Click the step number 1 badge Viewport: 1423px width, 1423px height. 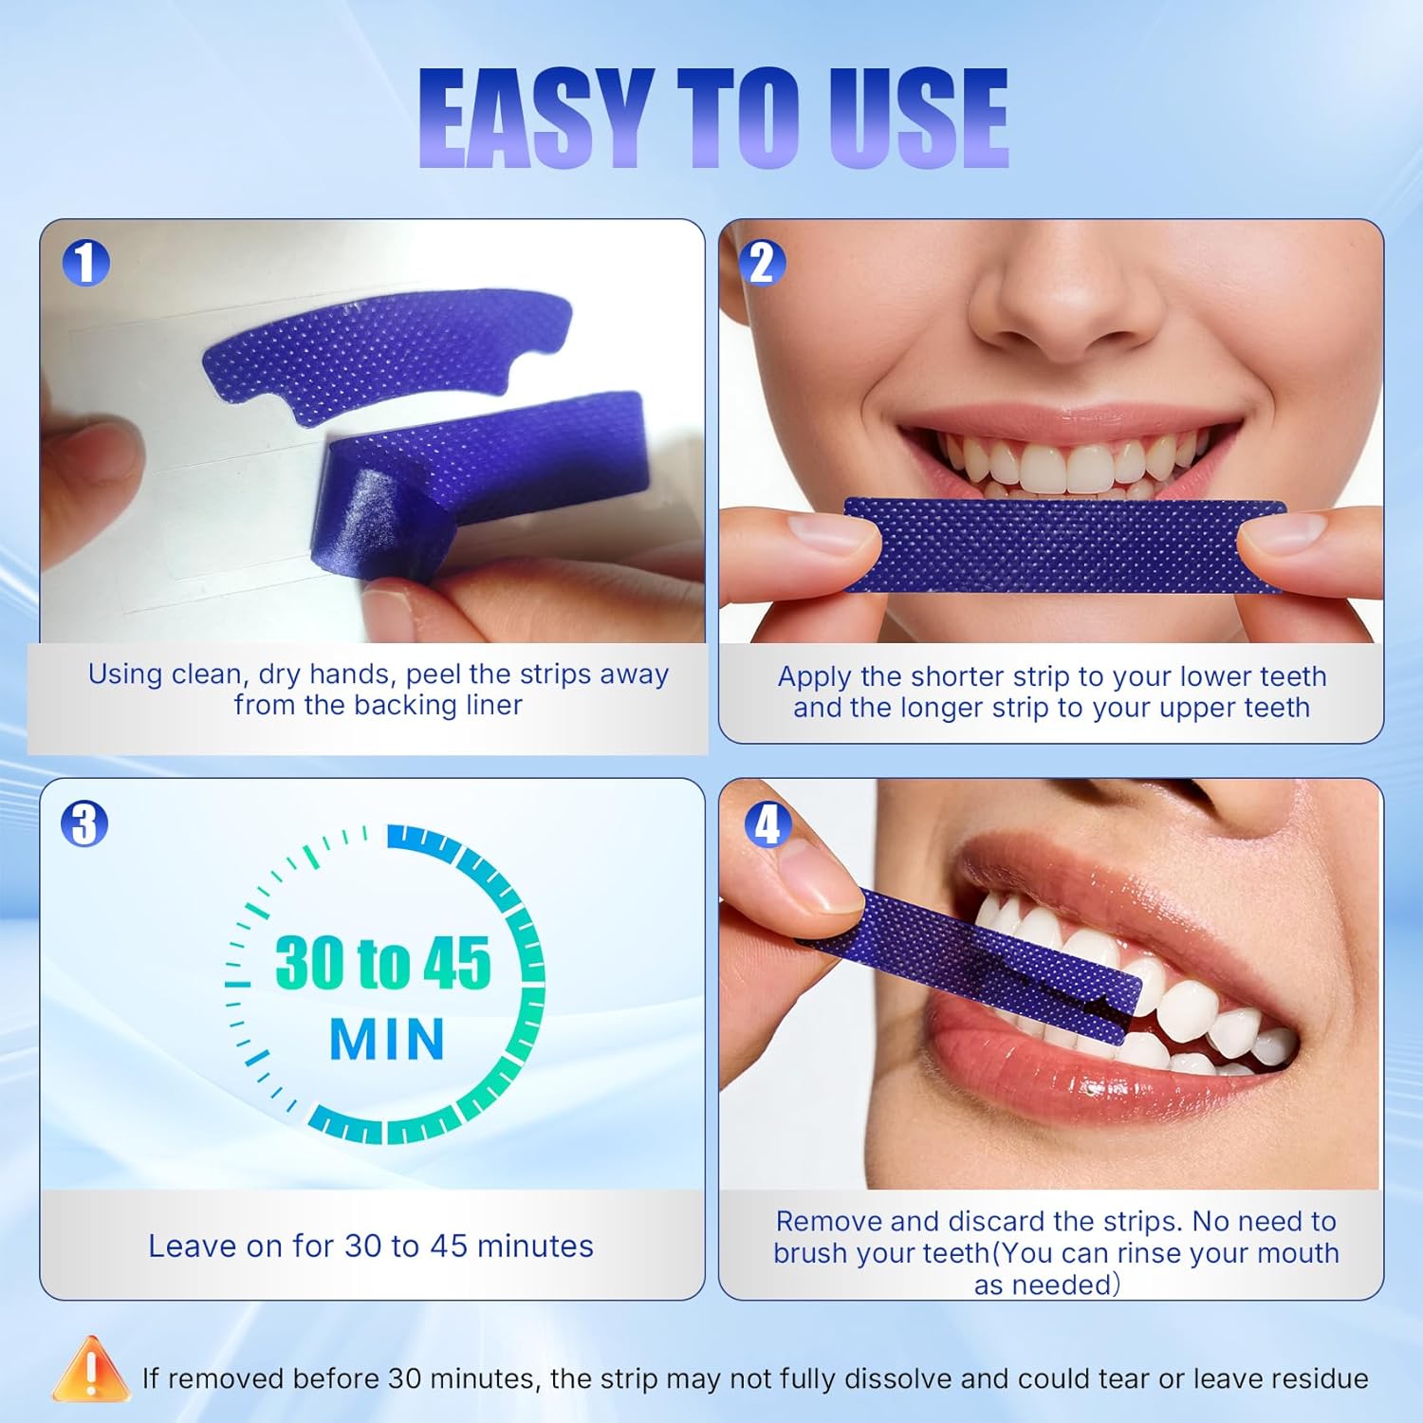85,263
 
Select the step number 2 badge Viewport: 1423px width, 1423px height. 763,263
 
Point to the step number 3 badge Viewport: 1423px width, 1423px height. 85,822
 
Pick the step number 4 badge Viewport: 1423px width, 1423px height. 767,824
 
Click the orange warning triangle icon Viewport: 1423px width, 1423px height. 90,1371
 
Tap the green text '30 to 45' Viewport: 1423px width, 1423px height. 383,964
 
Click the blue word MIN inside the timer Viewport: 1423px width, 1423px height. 387,1040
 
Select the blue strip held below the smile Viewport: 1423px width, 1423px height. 1063,546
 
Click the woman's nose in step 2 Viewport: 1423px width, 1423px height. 1053,304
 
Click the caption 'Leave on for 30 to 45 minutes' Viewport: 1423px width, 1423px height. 371,1246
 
